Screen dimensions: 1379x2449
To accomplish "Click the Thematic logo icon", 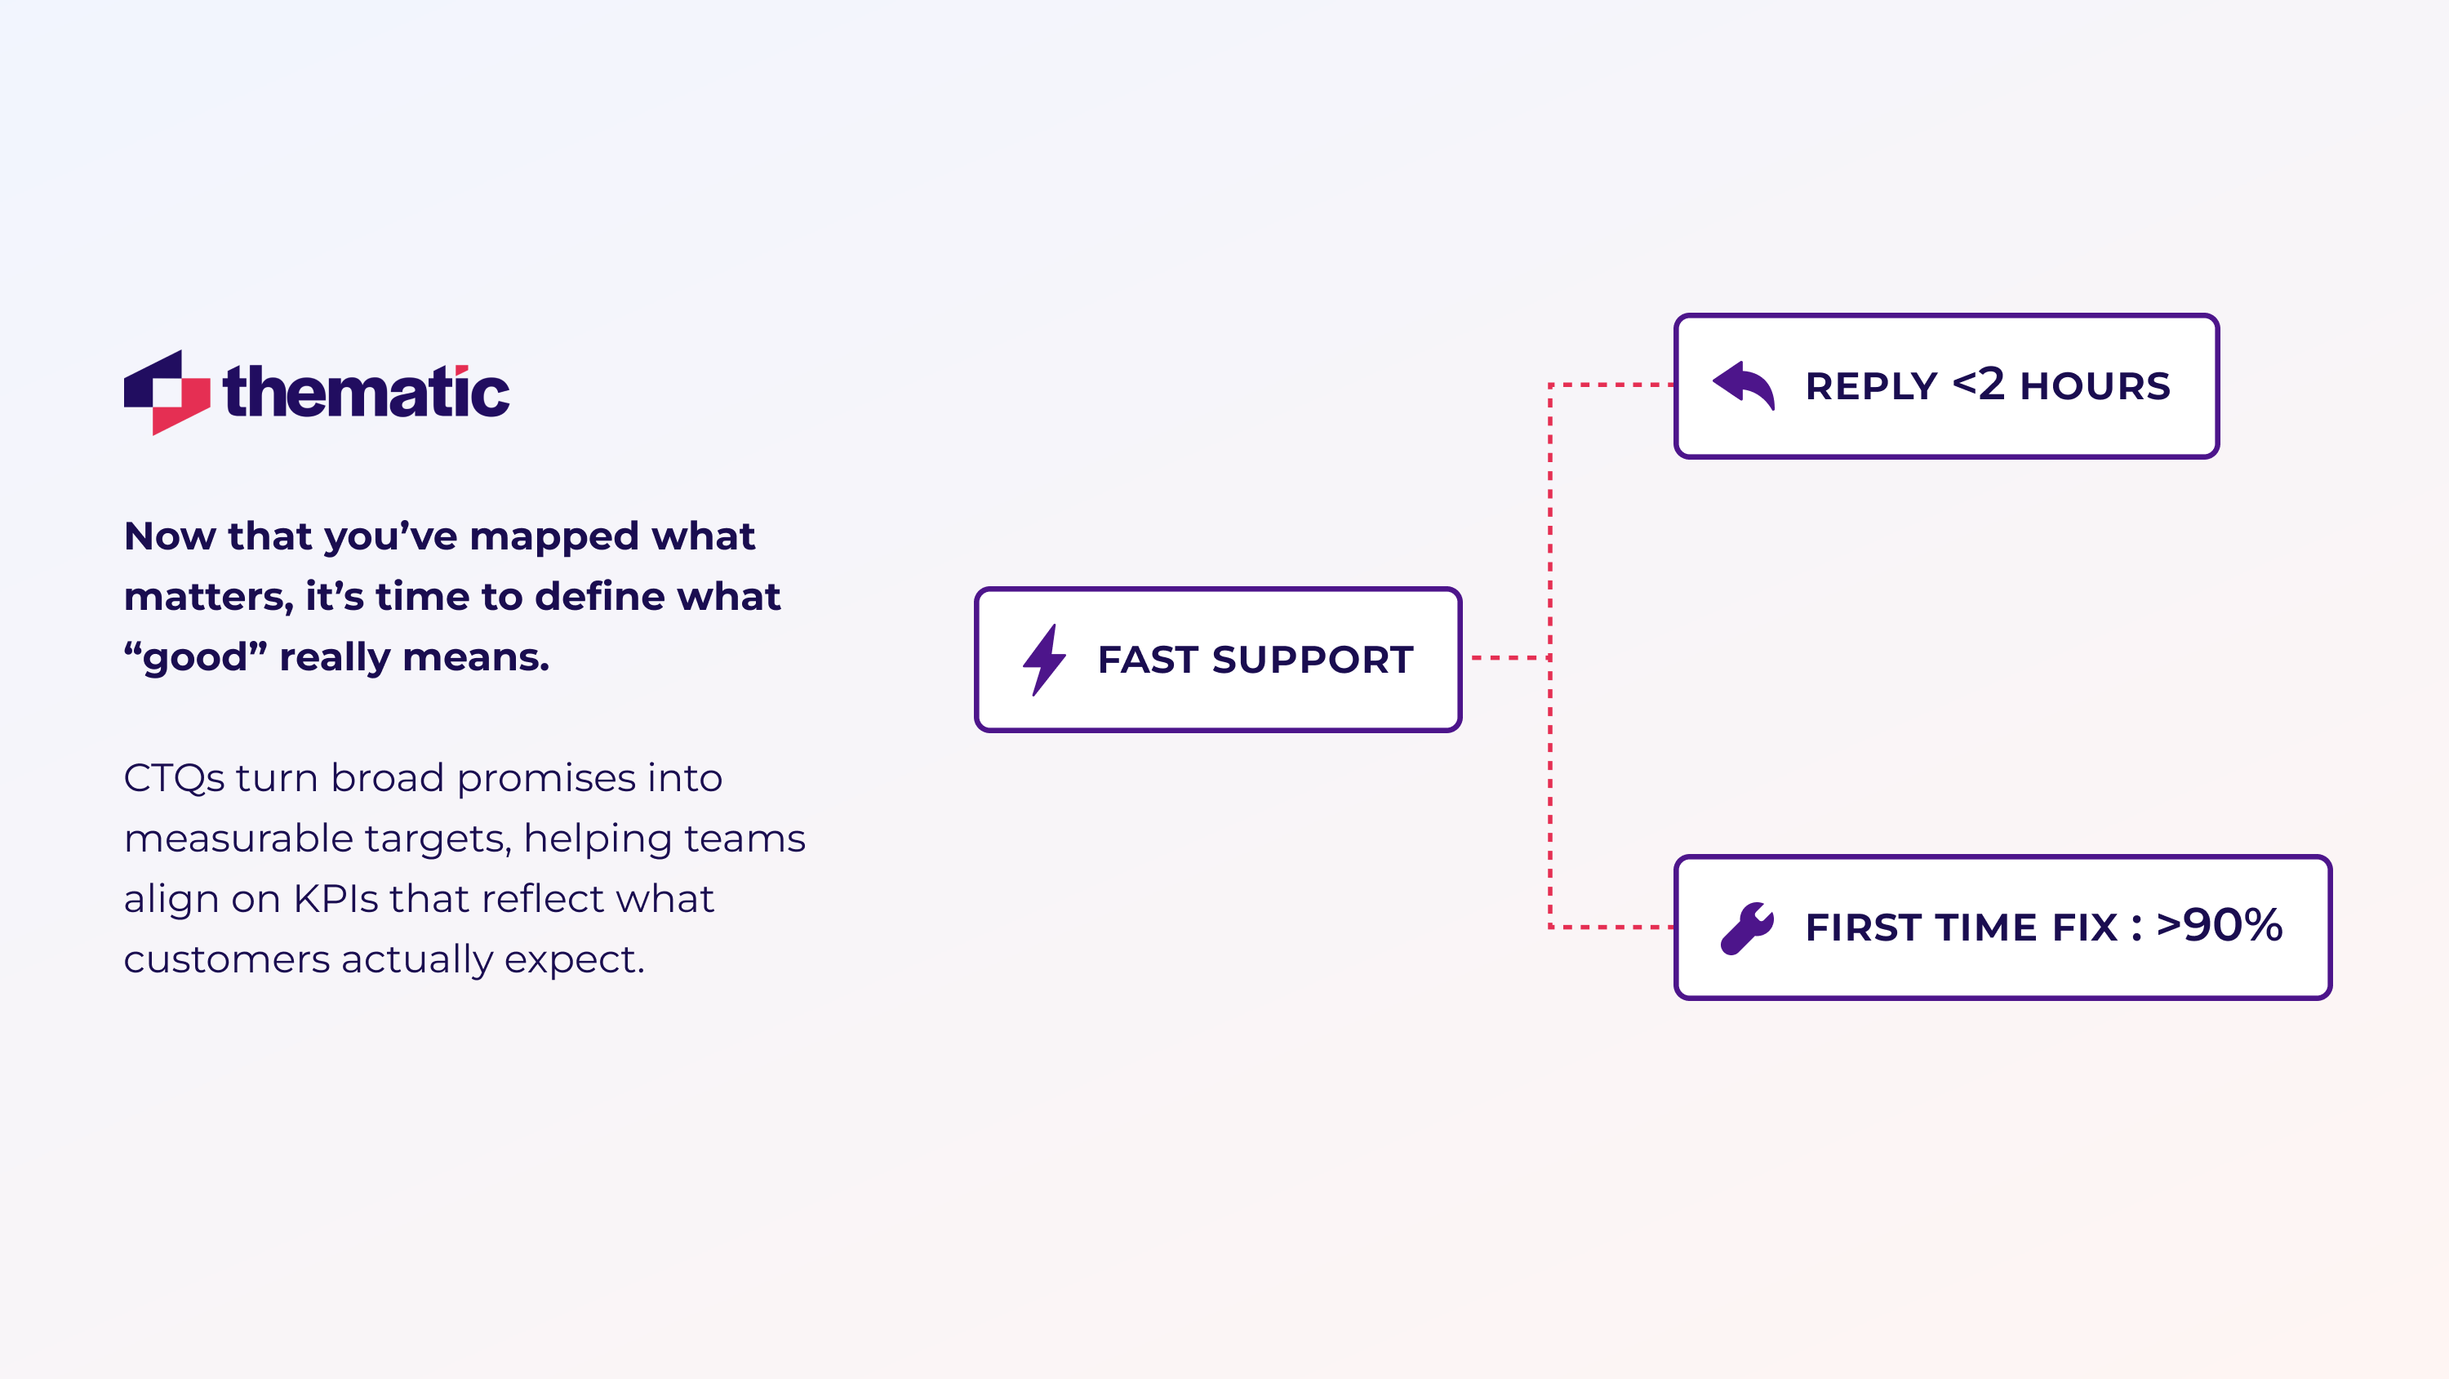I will (167, 392).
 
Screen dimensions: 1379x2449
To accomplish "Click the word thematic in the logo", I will (366, 392).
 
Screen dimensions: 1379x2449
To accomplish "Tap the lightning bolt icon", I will (1044, 659).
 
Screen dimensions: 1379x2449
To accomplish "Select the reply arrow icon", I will (1744, 385).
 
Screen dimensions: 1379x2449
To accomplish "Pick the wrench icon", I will (1746, 927).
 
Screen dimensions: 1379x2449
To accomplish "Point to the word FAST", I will (1148, 660).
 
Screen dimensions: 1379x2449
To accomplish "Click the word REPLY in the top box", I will (1870, 387).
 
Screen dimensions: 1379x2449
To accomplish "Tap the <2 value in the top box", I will (1979, 385).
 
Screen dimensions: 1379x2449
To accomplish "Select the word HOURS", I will (2095, 387).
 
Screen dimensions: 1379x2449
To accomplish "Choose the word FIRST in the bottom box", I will (1862, 928).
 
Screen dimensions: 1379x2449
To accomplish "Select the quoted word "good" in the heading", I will (195, 657).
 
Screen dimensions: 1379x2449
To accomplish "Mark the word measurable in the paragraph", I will (238, 839).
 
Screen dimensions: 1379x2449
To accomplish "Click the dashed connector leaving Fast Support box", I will (1509, 657).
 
